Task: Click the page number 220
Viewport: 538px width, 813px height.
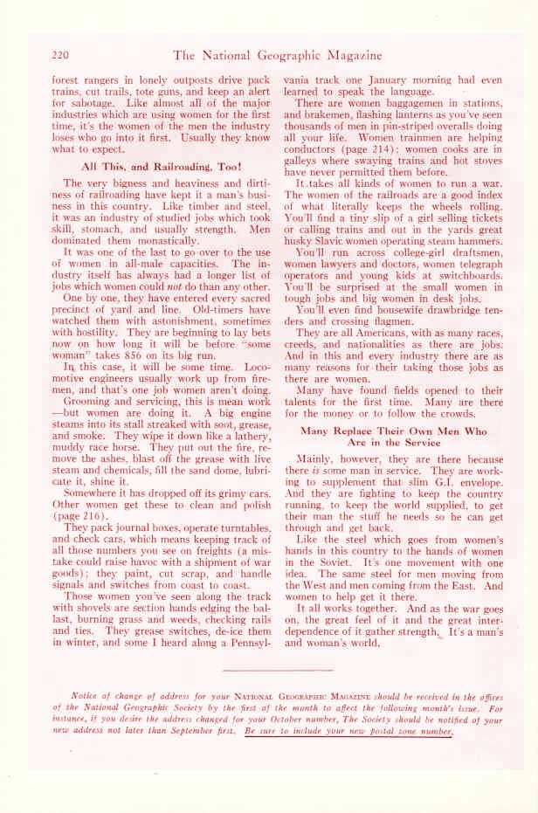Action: (60, 54)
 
